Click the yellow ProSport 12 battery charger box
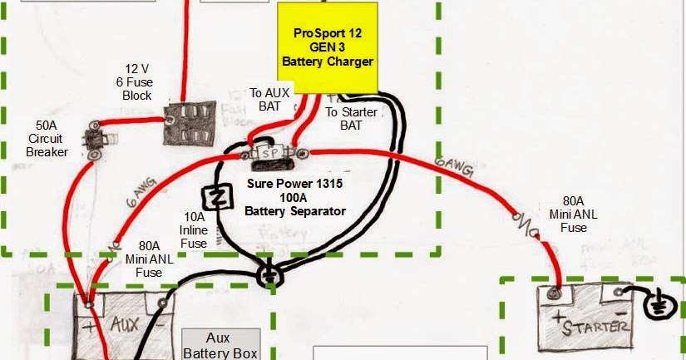tap(328, 47)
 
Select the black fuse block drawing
tap(189, 126)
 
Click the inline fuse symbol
tap(220, 198)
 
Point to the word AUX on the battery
tap(125, 323)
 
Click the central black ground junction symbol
tap(269, 276)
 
